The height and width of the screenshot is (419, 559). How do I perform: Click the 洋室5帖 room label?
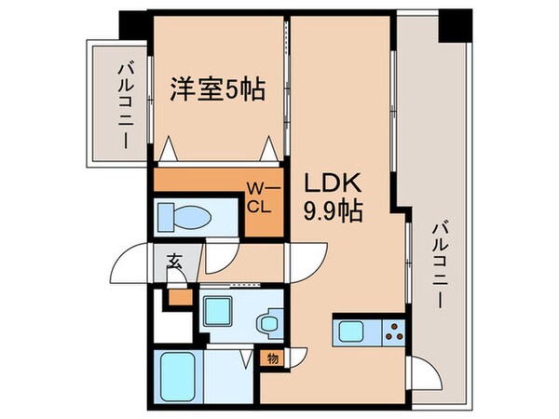(217, 90)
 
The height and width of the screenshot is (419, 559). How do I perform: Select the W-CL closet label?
(258, 197)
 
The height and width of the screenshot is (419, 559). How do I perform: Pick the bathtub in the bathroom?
(175, 374)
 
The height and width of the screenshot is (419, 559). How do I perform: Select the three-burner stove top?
(393, 331)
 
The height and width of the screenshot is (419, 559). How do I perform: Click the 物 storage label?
(273, 357)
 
